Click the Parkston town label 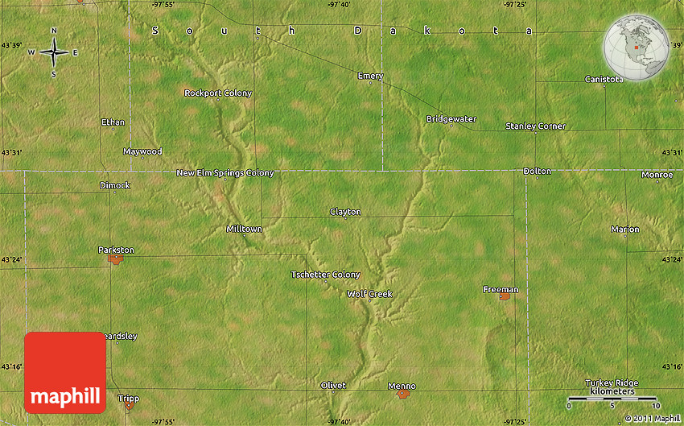click(116, 250)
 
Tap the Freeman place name click(501, 289)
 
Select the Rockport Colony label click(218, 93)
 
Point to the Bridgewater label click(451, 119)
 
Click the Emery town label click(370, 76)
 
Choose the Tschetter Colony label click(325, 275)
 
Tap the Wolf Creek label click(369, 294)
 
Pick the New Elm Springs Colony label click(225, 173)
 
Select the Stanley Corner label click(535, 126)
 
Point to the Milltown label click(244, 230)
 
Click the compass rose click(54, 52)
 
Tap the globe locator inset click(637, 47)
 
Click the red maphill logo click(65, 372)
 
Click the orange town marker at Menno click(403, 395)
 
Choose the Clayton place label click(345, 212)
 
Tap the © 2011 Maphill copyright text click(653, 419)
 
